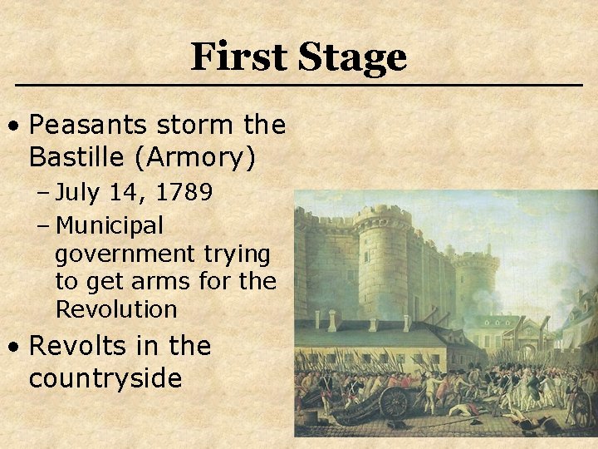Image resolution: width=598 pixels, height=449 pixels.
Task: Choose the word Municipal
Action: click(110, 225)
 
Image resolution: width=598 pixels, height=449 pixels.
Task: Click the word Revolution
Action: click(116, 309)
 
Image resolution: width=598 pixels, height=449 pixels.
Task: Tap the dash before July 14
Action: click(43, 194)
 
